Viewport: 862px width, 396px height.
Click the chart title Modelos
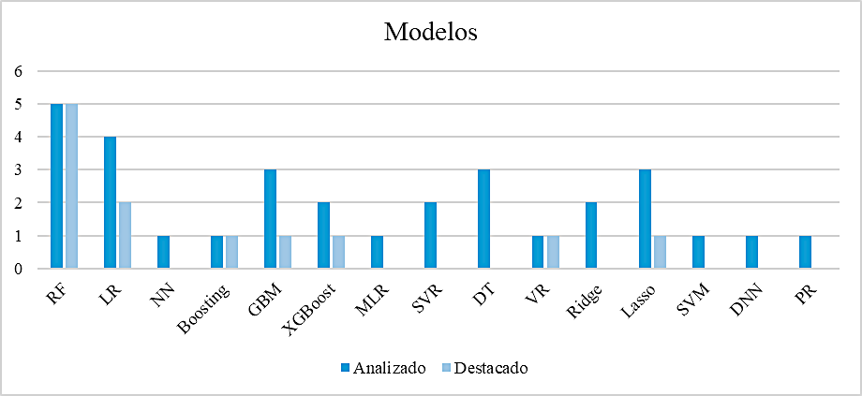(431, 32)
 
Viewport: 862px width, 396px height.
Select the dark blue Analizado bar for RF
(56, 186)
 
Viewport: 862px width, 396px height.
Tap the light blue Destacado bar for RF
(70, 186)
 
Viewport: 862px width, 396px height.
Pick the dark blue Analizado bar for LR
(110, 203)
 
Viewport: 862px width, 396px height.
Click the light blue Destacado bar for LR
(124, 236)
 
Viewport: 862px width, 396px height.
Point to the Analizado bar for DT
(484, 219)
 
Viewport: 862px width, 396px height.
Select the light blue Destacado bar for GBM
(285, 252)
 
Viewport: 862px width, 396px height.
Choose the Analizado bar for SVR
(431, 236)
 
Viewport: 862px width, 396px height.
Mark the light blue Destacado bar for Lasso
(660, 252)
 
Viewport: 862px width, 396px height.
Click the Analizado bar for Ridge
(591, 236)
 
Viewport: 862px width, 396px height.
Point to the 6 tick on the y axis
(17, 71)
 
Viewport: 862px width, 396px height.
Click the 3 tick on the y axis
(17, 170)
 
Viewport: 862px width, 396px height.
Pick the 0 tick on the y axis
(17, 269)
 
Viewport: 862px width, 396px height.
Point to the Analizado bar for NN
(163, 252)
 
